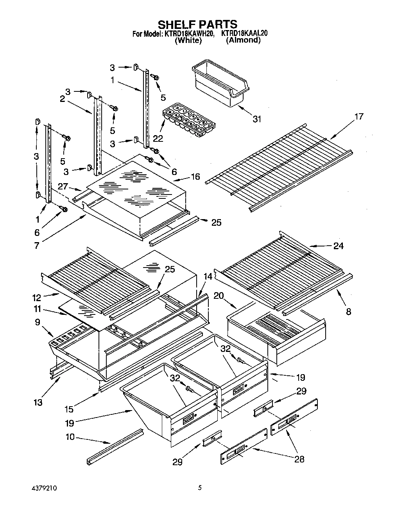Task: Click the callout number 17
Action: tap(358, 116)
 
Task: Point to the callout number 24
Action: tap(338, 246)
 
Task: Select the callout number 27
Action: tap(63, 187)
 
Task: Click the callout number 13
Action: tap(38, 402)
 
